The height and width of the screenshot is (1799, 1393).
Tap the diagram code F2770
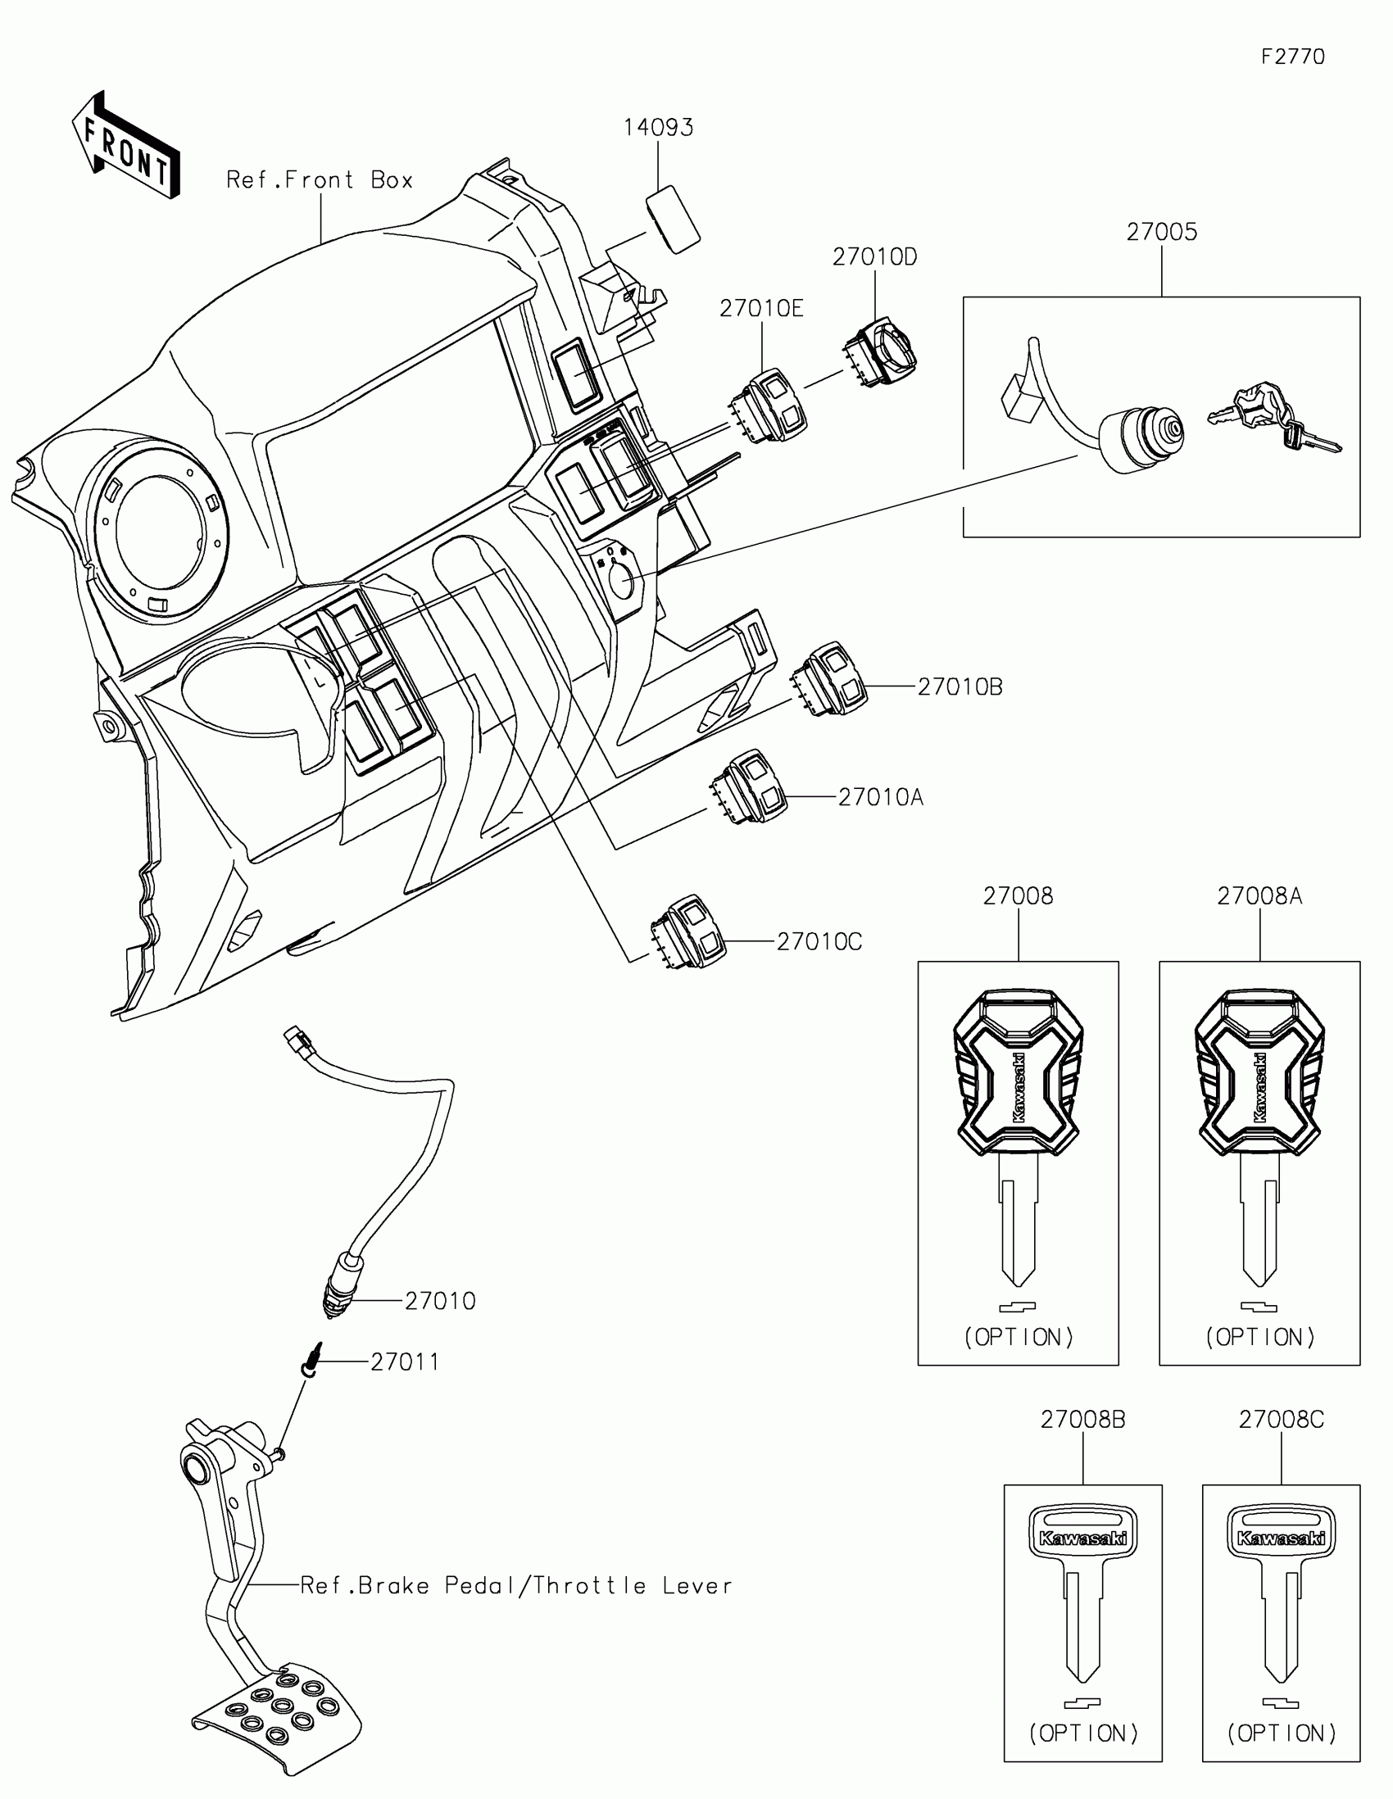click(x=1292, y=57)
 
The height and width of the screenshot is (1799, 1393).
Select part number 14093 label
click(x=657, y=128)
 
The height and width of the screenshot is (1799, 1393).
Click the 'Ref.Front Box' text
click(x=320, y=180)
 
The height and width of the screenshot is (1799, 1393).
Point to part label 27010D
click(x=874, y=257)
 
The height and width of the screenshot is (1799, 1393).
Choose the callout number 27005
click(x=1162, y=233)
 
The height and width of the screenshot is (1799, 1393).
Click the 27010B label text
click(x=960, y=687)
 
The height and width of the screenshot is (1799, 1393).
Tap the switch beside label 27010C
click(x=688, y=931)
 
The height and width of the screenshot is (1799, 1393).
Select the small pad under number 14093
click(x=673, y=218)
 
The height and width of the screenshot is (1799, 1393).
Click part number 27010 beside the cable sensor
click(x=440, y=1302)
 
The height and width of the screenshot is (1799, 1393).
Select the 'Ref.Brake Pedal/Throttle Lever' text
click(x=515, y=1586)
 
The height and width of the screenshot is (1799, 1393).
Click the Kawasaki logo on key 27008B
click(x=1082, y=1538)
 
